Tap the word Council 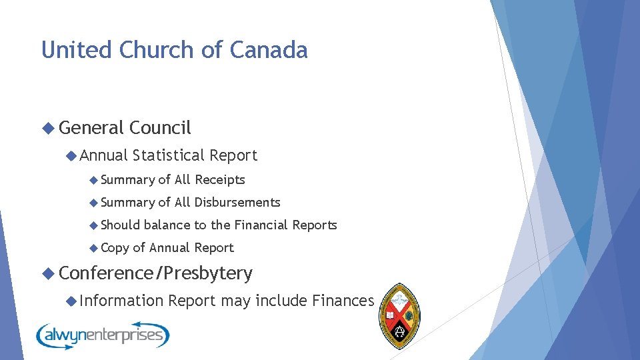(161, 127)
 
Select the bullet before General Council (48, 127)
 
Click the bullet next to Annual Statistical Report (71, 155)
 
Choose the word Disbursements (237, 202)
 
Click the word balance (167, 225)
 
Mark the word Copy (115, 248)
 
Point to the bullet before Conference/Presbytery (48, 273)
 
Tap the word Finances (343, 301)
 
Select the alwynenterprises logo (103, 335)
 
